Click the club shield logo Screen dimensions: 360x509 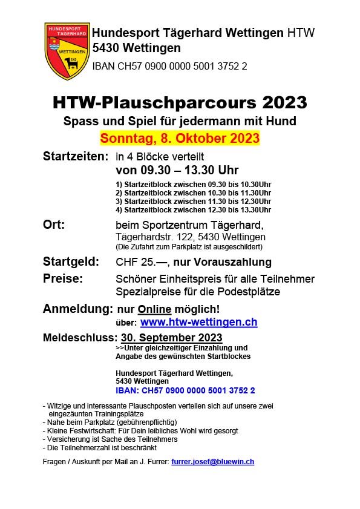click(67, 51)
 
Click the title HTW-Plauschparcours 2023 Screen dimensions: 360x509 click(180, 101)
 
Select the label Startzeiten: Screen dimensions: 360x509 click(76, 156)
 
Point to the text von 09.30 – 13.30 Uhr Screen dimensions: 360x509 click(177, 170)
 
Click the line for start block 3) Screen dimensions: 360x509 click(193, 201)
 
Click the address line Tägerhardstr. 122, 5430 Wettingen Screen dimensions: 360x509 click(190, 237)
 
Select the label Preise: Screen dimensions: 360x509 click(63, 278)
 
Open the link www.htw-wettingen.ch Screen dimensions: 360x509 click(198, 323)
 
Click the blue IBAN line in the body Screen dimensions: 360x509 click(185, 390)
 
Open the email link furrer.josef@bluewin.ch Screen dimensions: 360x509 click(212, 461)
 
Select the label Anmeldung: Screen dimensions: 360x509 click(77, 309)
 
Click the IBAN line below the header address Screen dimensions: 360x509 click(169, 66)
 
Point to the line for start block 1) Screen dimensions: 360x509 click(193, 184)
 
